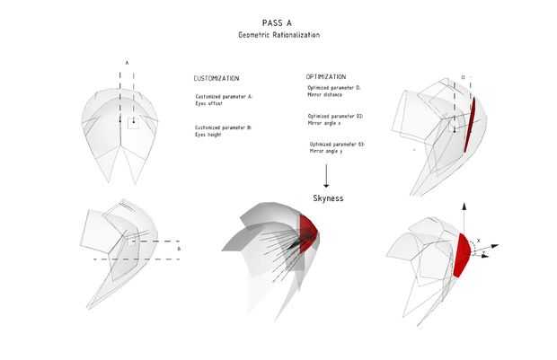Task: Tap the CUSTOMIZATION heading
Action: click(x=217, y=78)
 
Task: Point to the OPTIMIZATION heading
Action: click(x=325, y=77)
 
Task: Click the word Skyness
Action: click(x=329, y=198)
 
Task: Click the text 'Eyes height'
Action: click(x=208, y=136)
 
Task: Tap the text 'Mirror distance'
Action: click(x=323, y=93)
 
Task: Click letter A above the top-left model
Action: click(x=127, y=62)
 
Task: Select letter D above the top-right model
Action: click(x=463, y=78)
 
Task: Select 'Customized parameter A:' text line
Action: click(x=224, y=95)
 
